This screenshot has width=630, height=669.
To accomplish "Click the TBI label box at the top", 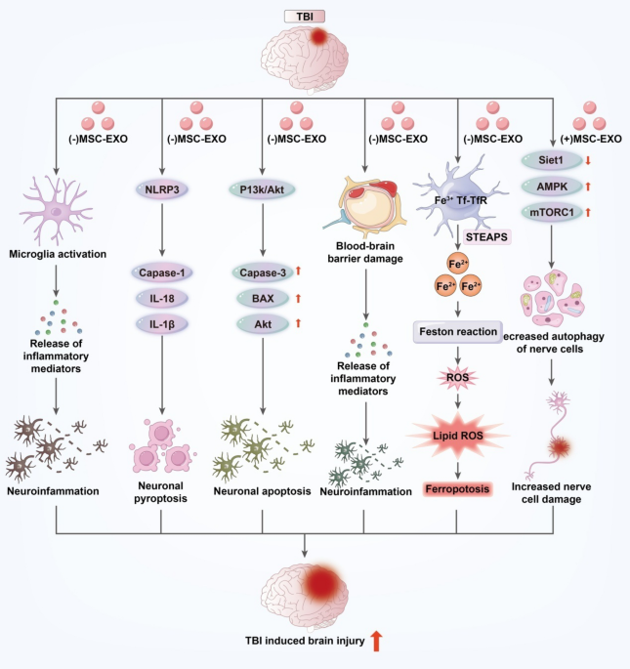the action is coord(305,17).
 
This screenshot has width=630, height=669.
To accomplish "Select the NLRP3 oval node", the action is coord(162,189).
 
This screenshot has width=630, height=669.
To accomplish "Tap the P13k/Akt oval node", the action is coord(262,189).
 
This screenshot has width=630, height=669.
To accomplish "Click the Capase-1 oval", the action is coord(162,272).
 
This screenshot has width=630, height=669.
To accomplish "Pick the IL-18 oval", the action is coord(162,298).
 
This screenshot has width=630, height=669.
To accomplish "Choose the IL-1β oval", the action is coord(162,324).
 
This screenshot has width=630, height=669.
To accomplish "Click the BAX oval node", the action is coord(263,298).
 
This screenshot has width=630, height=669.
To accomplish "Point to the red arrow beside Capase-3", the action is coord(298,271).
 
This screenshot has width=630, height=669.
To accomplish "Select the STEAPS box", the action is coord(486,236).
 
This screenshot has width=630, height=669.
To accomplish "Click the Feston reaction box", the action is coord(458,332).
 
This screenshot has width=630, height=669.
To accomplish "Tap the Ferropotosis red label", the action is coord(457,489).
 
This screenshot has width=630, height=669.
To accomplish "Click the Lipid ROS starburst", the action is coord(458,436).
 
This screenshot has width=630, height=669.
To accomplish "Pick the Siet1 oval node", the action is coord(552,160).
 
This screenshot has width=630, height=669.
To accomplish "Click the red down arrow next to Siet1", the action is coord(588,160).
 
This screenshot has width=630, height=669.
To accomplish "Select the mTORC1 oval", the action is coord(552,212).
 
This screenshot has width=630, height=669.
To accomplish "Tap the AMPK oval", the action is coord(552,187).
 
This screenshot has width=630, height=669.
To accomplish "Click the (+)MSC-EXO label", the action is coord(591,139).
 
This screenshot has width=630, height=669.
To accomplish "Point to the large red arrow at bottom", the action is coord(376,642).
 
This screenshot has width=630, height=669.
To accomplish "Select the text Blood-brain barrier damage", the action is coord(365,252).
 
